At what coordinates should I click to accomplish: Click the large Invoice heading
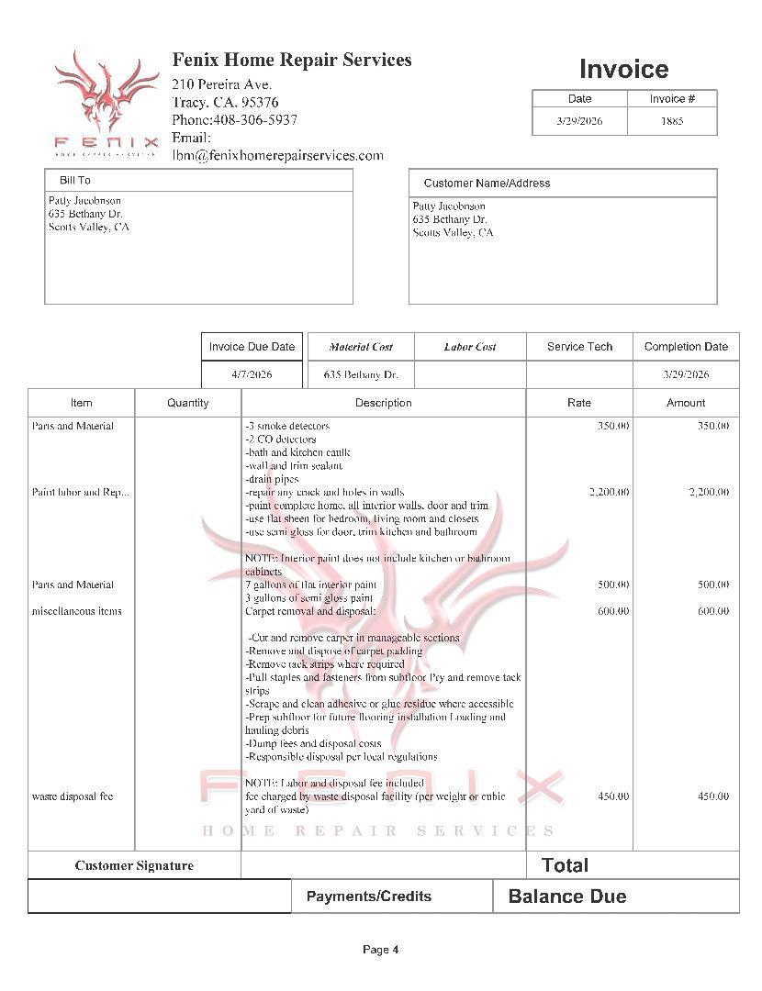pos(623,70)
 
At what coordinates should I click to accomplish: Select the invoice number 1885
pos(672,121)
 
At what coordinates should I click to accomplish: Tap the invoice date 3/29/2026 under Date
pos(579,121)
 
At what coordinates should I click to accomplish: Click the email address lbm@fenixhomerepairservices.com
pos(277,156)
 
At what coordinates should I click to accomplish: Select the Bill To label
pos(75,181)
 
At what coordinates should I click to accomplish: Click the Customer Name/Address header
pos(487,184)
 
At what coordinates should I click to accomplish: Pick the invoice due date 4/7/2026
pos(252,374)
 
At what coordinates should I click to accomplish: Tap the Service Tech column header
pos(579,347)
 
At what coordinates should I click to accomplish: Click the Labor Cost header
pos(470,347)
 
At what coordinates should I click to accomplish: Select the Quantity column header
pos(188,403)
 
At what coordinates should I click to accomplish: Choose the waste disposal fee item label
pos(73,796)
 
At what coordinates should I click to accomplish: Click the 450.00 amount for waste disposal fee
pos(712,796)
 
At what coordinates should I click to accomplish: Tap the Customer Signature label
pos(134,865)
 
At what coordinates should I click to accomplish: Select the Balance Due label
pos(567,896)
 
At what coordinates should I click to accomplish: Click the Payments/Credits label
pos(368,896)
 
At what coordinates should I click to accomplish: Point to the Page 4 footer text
pos(380,950)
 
